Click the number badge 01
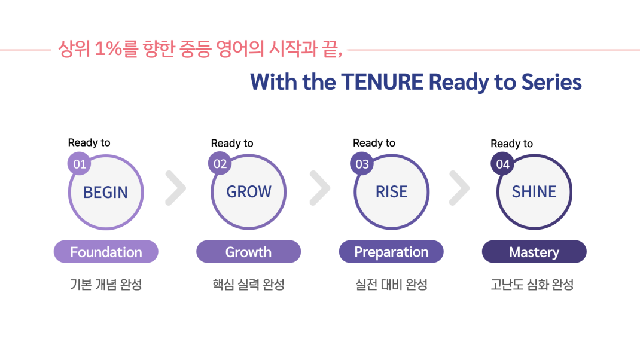click(x=79, y=164)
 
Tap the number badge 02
click(x=220, y=163)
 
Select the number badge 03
click(x=362, y=164)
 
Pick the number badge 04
click(x=502, y=164)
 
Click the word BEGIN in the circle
click(x=105, y=192)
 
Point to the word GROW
click(x=249, y=191)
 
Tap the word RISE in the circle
click(x=391, y=191)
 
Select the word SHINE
click(x=534, y=191)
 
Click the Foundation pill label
click(x=106, y=251)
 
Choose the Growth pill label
click(x=249, y=251)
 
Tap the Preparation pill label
click(x=391, y=251)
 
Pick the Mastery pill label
click(x=534, y=251)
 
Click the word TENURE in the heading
click(x=382, y=82)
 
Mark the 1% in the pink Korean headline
click(x=108, y=49)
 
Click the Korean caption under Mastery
click(x=532, y=285)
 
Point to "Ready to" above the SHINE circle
click(x=511, y=144)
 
